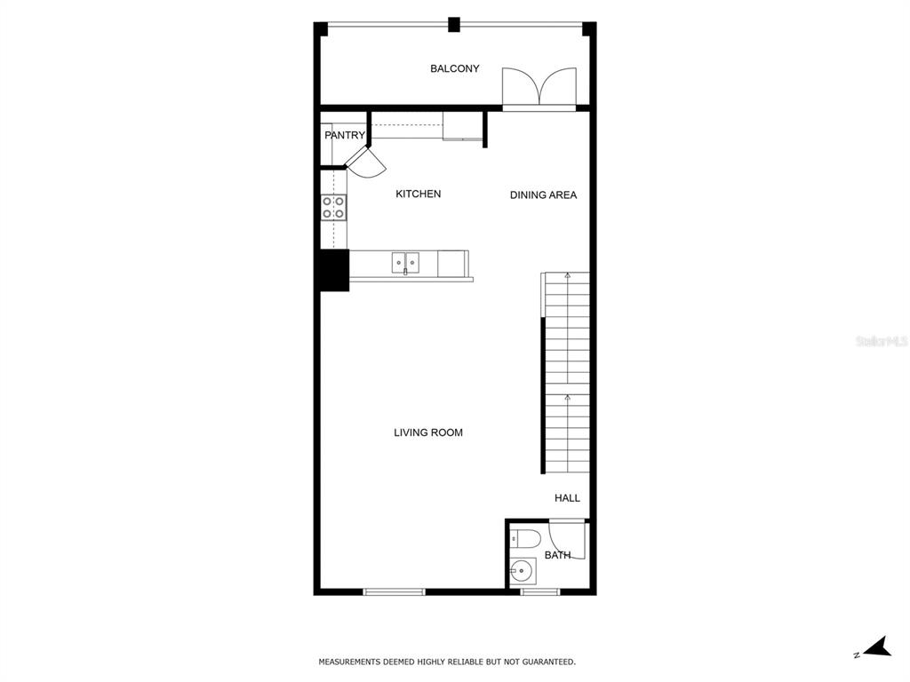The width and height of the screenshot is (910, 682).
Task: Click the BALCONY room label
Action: [454, 68]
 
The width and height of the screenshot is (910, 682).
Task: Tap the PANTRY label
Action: [345, 135]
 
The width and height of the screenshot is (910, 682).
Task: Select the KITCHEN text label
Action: [418, 194]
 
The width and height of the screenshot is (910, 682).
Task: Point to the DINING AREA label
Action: [543, 194]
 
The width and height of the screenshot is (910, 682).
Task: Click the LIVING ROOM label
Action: [428, 432]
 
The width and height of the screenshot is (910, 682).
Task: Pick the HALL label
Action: [567, 497]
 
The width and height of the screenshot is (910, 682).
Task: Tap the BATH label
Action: [557, 555]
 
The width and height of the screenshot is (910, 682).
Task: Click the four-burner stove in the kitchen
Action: [334, 208]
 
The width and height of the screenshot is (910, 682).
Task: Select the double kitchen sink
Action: [405, 262]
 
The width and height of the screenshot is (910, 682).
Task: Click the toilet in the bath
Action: [524, 539]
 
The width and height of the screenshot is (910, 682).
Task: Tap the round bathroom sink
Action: [523, 571]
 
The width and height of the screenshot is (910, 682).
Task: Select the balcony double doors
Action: [539, 87]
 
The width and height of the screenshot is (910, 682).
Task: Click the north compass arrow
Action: [876, 647]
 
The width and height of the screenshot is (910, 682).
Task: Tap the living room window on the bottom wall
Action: [394, 591]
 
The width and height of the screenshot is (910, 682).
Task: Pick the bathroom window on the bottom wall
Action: [539, 591]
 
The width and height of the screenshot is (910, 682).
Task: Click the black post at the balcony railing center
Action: [454, 25]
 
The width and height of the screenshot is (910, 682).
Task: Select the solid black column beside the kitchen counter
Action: [334, 270]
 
